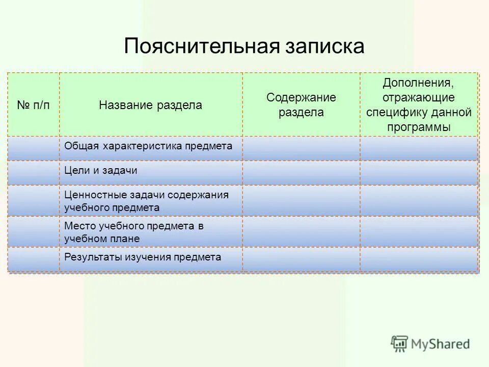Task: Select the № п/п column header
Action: [34, 105]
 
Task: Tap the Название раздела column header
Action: [150, 105]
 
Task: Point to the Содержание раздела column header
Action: [301, 105]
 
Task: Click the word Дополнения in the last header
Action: [418, 83]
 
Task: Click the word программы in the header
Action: [418, 127]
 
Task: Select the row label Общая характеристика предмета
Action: [148, 146]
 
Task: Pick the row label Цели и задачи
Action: [101, 171]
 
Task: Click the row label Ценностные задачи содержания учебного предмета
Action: [146, 201]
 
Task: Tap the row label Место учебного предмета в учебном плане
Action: [133, 232]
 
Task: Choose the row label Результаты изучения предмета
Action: [143, 257]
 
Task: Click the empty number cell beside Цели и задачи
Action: [34, 172]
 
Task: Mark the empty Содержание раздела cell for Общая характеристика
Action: [301, 148]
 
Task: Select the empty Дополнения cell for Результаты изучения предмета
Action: [419, 259]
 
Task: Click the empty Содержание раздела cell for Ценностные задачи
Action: [301, 200]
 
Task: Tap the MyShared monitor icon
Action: [400, 344]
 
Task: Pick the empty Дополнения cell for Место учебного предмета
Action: [419, 231]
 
